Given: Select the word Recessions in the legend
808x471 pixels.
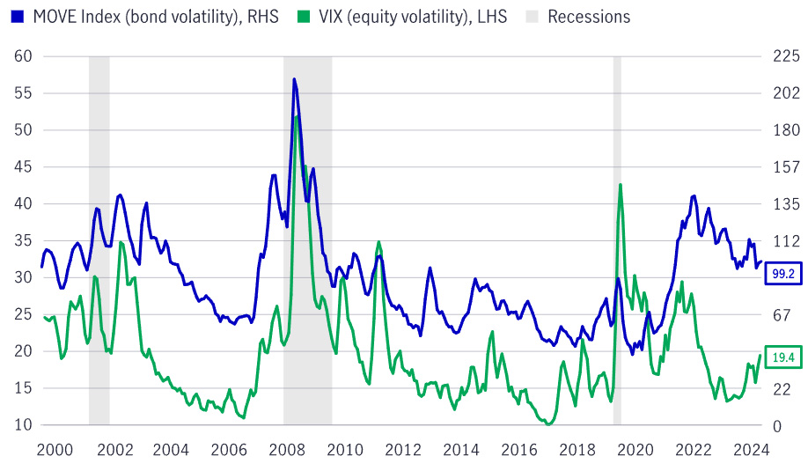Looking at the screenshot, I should point(589,17).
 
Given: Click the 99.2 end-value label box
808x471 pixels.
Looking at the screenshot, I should point(782,274).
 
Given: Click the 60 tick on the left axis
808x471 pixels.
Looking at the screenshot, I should point(23,56).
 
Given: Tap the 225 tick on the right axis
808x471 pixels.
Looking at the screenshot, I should point(782,56).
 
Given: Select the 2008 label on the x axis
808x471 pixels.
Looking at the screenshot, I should point(287,450).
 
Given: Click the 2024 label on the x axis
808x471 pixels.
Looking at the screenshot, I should point(750,450).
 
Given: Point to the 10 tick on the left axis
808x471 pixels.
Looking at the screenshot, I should point(23,425).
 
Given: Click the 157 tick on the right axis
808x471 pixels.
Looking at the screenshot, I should point(782,167).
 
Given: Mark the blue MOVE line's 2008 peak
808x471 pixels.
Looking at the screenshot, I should point(294,79).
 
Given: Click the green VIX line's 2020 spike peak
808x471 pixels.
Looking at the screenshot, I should point(621,185).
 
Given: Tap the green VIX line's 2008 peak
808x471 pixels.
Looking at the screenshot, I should point(297,117).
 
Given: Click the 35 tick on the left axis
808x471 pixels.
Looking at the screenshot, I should point(23,241).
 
